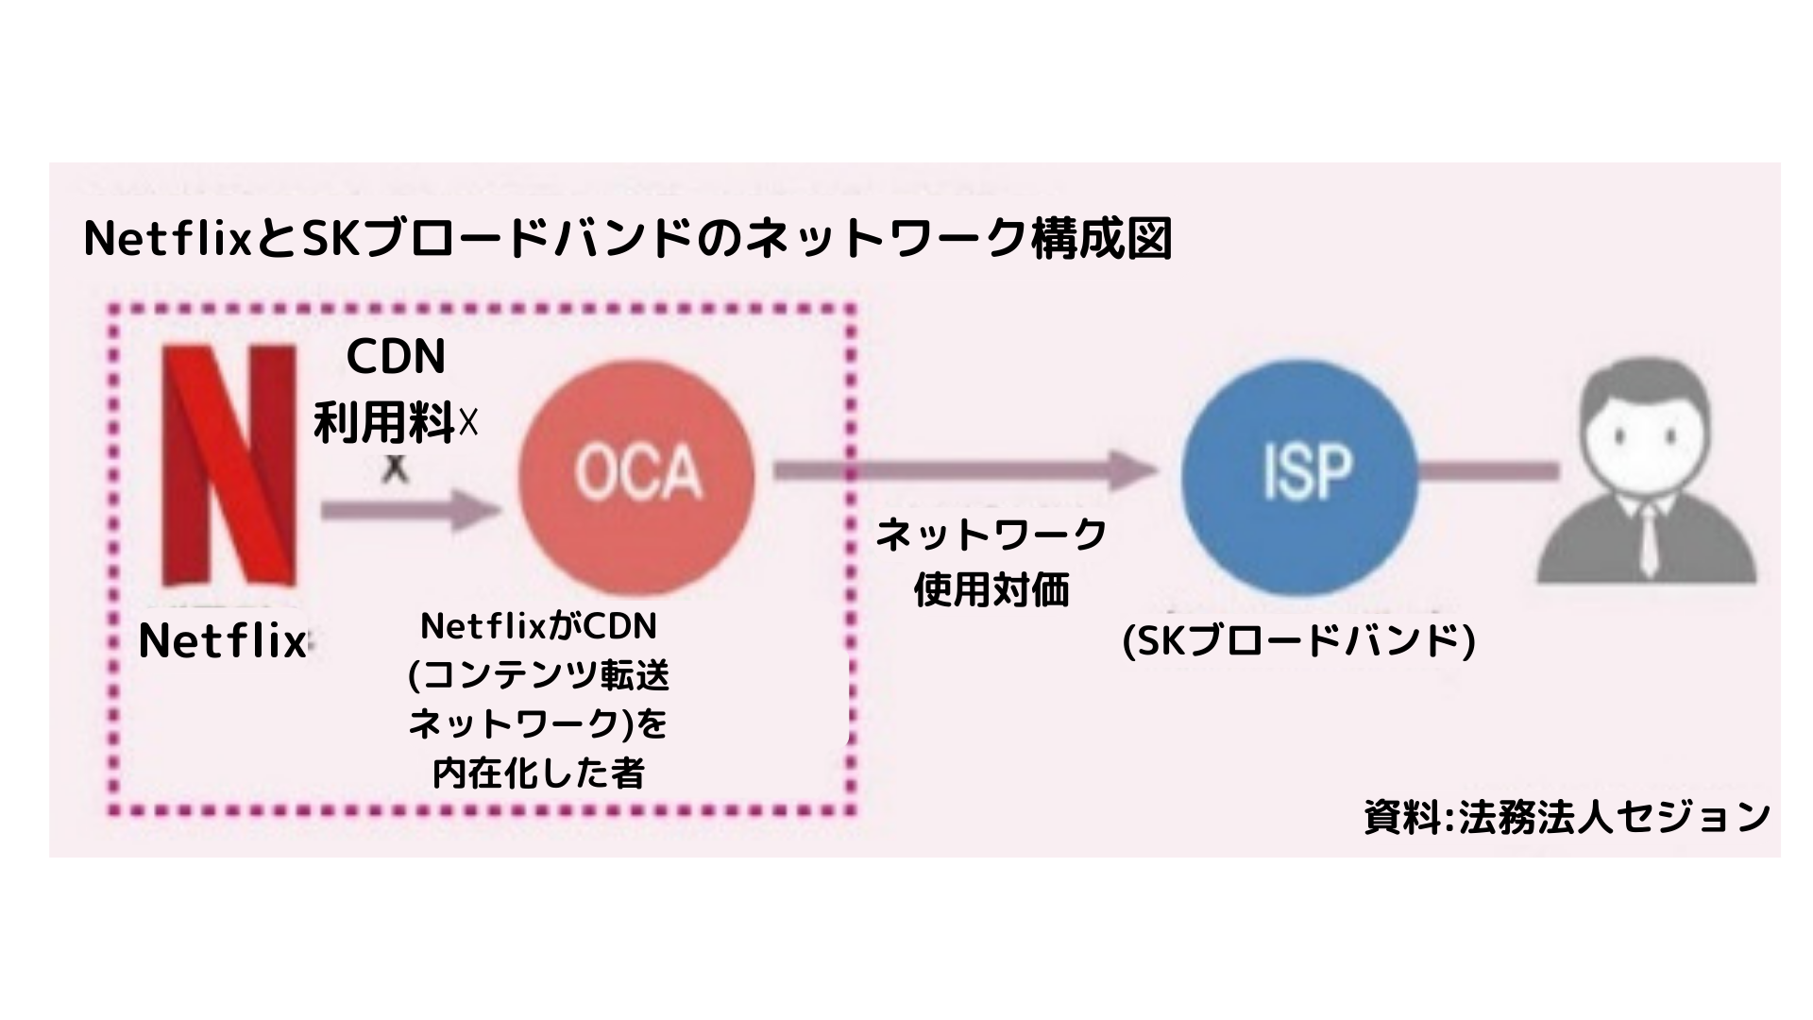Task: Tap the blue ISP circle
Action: click(1300, 469)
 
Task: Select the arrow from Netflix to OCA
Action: click(410, 511)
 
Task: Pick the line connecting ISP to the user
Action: click(1488, 469)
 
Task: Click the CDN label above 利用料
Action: click(396, 357)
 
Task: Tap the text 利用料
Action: click(385, 422)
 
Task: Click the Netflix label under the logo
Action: click(222, 642)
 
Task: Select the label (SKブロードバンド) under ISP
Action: click(1298, 642)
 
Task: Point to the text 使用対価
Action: click(991, 591)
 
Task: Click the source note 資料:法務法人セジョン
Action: click(1567, 817)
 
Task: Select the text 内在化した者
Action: click(538, 774)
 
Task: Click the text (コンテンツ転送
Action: click(538, 676)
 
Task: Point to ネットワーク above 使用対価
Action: click(991, 535)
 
